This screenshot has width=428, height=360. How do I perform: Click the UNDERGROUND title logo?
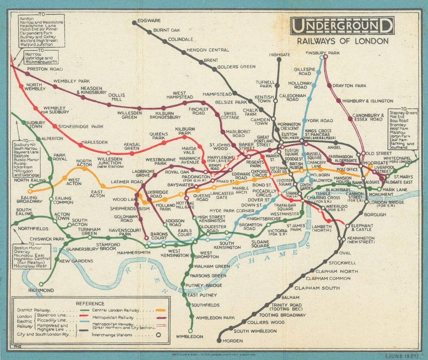point(342,26)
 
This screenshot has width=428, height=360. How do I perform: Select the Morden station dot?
point(219,341)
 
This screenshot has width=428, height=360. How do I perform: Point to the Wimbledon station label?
point(189,336)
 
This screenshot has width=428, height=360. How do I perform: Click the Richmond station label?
point(41,290)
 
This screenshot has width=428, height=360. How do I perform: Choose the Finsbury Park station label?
point(323,53)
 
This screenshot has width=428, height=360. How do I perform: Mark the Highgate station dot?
point(279,60)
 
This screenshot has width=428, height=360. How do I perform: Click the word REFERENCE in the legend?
point(90,304)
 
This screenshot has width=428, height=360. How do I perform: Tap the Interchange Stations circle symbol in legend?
point(158,334)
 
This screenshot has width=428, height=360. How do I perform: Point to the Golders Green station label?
point(236,67)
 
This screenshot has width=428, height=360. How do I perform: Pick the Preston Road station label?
point(43,69)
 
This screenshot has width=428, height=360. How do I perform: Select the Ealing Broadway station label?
point(29,199)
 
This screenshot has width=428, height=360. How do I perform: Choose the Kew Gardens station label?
point(76,261)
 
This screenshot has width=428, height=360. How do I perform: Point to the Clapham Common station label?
point(328,278)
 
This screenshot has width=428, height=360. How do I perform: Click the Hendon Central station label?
point(208,50)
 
